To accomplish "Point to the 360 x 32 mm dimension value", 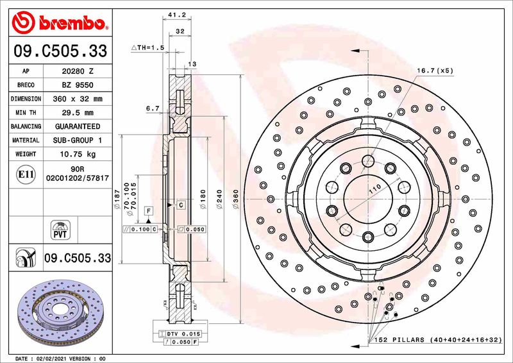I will (78, 99).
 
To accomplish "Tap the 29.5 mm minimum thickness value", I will (78, 113).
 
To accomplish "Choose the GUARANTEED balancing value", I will (78, 127).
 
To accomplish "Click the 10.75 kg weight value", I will (78, 154).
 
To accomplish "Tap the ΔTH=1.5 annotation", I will (148, 48).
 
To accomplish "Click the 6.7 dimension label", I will (153, 109).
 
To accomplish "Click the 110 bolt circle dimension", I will (375, 188).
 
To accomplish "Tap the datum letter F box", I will (148, 210).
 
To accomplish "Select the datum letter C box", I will (181, 205).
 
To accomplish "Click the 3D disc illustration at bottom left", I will (58, 311).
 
